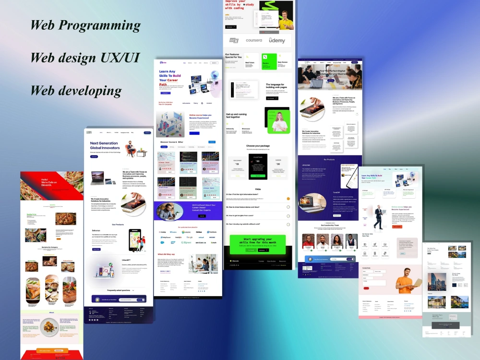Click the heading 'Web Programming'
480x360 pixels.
click(85, 25)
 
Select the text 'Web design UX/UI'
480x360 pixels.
click(85, 58)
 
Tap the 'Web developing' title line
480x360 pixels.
click(76, 90)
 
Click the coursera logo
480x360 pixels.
click(254, 40)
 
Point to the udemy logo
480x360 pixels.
click(276, 40)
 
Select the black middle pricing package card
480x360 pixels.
click(258, 166)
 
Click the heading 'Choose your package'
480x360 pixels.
click(258, 146)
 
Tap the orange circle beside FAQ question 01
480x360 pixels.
click(288, 198)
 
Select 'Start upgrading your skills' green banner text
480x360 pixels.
click(257, 241)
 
